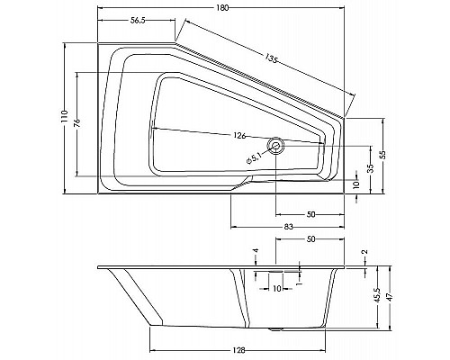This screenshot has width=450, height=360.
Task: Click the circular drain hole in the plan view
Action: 277,144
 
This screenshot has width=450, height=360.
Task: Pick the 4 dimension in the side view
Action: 256,251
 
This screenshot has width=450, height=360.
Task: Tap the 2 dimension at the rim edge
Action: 365,252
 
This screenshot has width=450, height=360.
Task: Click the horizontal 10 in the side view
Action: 277,288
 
